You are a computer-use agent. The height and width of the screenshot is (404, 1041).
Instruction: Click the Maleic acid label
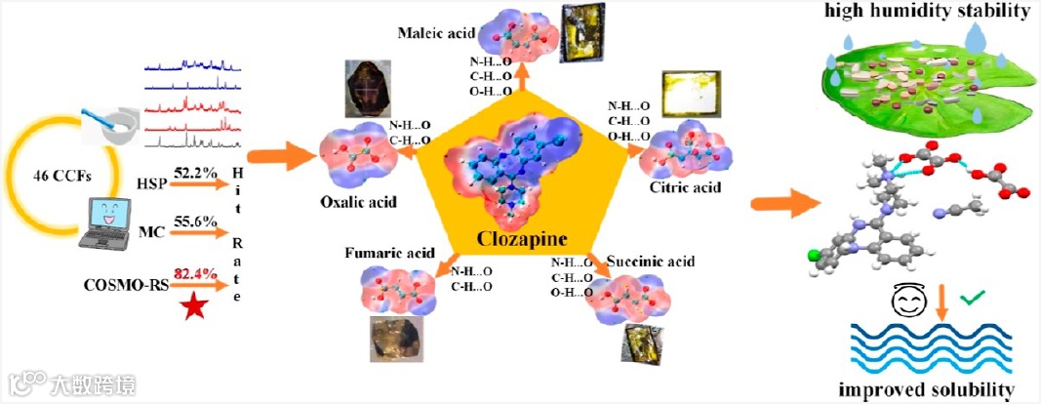436,35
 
